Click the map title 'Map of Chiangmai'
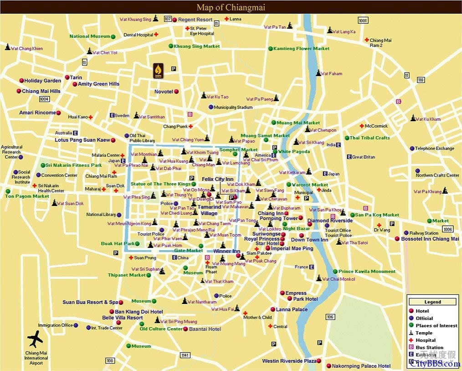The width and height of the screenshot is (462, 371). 231,7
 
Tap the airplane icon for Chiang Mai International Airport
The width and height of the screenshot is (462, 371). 35,339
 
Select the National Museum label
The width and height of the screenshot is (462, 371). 90,36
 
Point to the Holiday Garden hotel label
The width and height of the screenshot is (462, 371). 42,81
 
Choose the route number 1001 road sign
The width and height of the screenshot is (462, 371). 363,21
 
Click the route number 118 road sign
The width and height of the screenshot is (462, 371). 421,80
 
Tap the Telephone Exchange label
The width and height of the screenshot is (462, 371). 434,149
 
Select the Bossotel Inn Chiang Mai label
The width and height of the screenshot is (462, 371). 430,239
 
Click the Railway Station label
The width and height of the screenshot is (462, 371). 424,233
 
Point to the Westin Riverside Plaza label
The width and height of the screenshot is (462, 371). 289,361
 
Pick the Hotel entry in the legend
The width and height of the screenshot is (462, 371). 422,311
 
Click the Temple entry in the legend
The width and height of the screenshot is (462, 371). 424,333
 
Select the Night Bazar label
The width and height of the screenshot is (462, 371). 296,229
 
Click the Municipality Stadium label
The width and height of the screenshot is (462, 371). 233,108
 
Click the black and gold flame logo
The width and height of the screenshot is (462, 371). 158,71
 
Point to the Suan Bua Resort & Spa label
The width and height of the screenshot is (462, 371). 90,302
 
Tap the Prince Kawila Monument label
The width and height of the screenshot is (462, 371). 367,272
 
